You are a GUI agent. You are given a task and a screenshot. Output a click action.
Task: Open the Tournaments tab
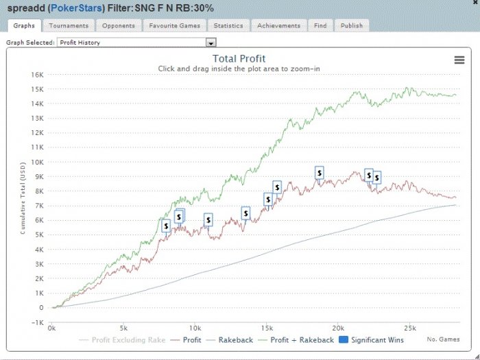(69, 25)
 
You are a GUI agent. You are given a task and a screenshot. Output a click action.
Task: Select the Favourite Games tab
(174, 25)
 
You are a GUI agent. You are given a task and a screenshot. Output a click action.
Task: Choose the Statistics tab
(228, 25)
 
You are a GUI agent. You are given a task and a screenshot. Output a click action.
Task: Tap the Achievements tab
(279, 25)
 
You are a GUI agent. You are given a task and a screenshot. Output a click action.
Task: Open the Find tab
(320, 25)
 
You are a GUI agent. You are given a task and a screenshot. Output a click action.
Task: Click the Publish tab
(352, 25)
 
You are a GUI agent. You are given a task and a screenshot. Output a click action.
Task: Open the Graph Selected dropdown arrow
(211, 43)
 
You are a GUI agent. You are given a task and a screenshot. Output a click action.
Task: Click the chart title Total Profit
(239, 59)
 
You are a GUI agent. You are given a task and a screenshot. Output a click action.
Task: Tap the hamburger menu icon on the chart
(459, 60)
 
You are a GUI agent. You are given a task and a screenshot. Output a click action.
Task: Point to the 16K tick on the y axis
(38, 74)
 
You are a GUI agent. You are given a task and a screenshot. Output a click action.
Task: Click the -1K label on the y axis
(38, 323)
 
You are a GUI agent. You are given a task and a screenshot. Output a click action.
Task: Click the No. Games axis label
(442, 339)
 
